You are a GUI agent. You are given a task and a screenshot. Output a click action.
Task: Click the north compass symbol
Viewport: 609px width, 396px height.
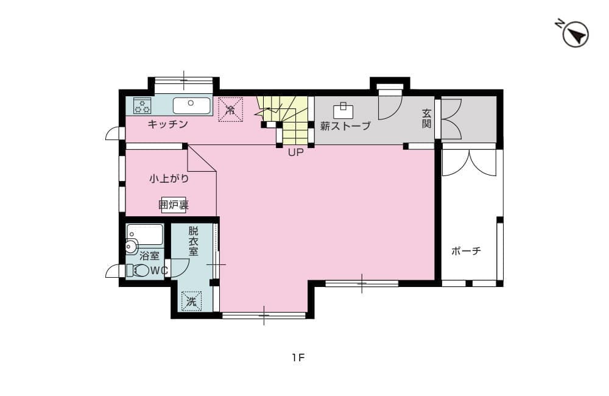click(x=574, y=34)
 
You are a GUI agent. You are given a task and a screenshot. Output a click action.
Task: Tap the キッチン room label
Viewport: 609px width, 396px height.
click(x=167, y=124)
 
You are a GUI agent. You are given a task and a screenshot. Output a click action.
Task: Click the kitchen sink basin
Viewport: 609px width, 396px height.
click(x=191, y=105)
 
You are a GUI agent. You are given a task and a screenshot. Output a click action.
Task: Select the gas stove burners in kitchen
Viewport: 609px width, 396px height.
click(x=143, y=105)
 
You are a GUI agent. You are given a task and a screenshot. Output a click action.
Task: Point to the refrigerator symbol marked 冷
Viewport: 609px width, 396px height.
click(x=230, y=110)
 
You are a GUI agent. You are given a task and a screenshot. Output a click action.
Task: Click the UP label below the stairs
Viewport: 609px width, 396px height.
click(x=295, y=153)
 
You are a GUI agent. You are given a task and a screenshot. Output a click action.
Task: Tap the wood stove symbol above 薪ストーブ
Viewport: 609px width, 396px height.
click(x=343, y=111)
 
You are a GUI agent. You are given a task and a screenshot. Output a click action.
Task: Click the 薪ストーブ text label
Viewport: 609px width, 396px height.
click(x=345, y=127)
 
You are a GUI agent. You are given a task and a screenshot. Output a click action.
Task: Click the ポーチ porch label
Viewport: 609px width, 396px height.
click(x=466, y=250)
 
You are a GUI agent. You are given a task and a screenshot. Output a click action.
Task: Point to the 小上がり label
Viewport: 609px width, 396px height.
click(x=169, y=179)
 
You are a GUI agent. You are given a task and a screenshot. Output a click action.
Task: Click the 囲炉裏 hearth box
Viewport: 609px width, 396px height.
click(x=173, y=205)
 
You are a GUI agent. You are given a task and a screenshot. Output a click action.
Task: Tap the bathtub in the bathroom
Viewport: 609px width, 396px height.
click(x=145, y=234)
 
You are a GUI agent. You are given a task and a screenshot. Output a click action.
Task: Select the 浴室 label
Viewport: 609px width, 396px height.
click(x=149, y=256)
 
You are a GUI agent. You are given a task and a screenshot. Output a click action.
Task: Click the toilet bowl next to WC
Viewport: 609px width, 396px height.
click(x=141, y=270)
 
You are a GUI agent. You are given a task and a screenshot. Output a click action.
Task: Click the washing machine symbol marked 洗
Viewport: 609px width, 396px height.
click(x=191, y=300)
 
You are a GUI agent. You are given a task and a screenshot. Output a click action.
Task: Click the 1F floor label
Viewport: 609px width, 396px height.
click(x=297, y=358)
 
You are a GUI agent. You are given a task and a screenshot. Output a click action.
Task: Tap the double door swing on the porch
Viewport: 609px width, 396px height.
click(x=469, y=163)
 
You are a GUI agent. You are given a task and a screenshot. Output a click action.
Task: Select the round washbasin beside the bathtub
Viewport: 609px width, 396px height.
click(x=131, y=247)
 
